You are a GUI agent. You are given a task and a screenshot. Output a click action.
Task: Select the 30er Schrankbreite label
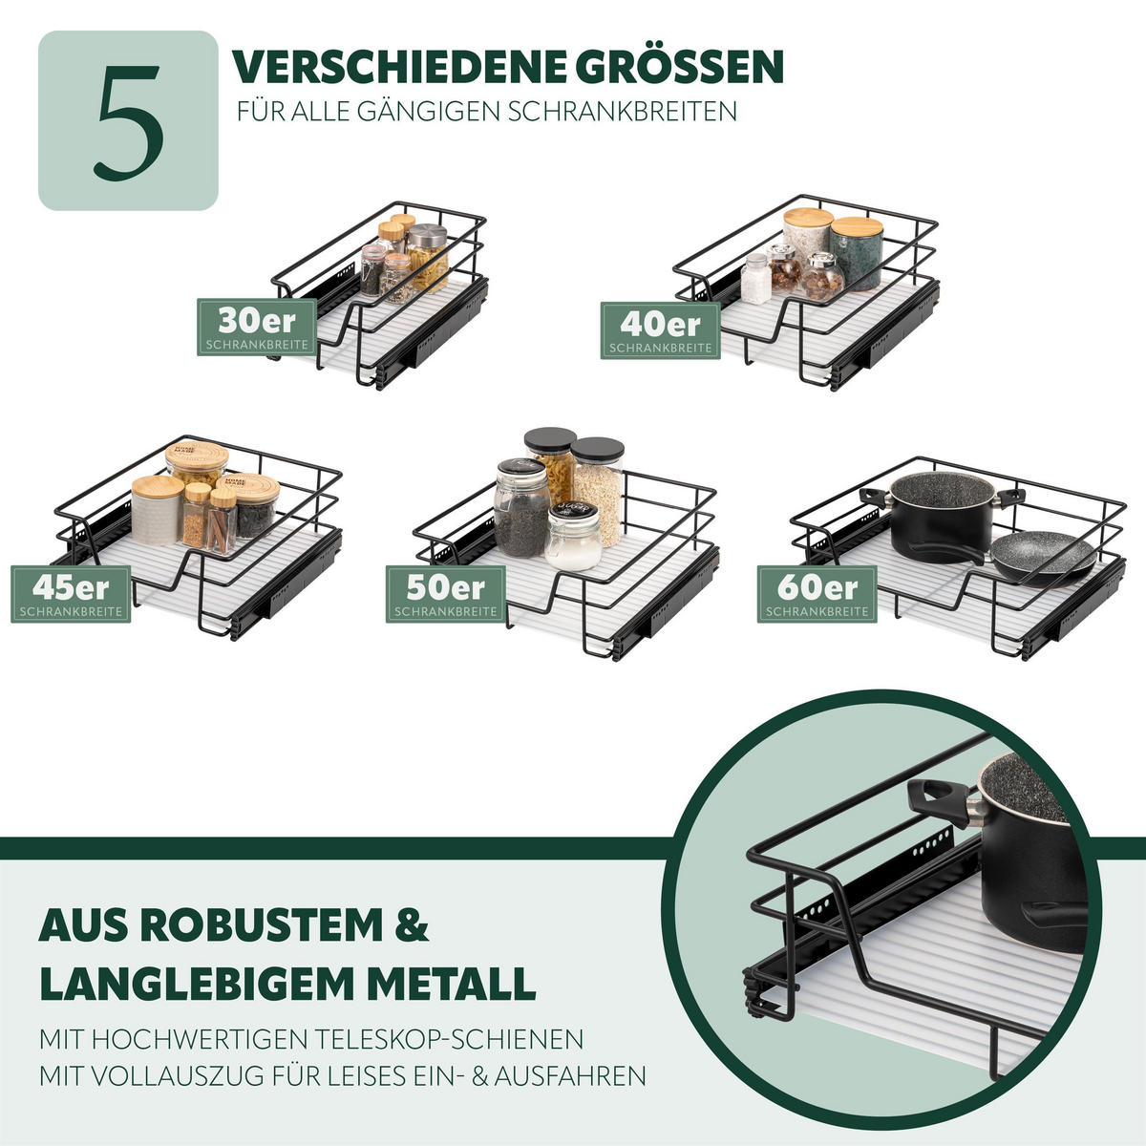click(256, 327)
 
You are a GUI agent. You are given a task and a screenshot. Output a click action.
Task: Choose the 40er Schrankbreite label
click(660, 330)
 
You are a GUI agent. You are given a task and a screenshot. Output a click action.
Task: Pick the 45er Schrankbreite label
click(71, 593)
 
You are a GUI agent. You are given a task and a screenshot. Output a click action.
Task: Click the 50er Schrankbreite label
click(446, 593)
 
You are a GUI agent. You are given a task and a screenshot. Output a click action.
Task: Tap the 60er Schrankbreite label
click(817, 593)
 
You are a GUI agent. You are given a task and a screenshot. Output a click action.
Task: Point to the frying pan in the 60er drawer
click(1041, 555)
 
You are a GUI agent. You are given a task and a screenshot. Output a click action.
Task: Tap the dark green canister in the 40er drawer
click(857, 253)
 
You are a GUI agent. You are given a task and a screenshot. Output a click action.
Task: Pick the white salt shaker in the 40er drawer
click(755, 279)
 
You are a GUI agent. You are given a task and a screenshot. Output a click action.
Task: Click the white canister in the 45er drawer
click(158, 511)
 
